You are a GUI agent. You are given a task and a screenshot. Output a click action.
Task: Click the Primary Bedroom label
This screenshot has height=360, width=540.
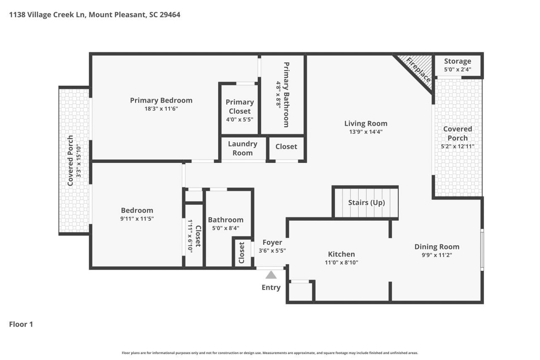[x=161, y=100]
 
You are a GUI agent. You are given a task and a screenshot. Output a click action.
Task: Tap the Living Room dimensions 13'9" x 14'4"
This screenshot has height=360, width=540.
[x=365, y=132]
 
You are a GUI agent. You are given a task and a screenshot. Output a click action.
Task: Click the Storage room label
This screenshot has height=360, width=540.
[x=457, y=62]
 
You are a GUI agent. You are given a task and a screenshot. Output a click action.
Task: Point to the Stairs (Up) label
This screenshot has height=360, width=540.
[x=366, y=203]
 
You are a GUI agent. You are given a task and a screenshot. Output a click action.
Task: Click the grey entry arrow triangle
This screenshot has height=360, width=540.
[x=271, y=275]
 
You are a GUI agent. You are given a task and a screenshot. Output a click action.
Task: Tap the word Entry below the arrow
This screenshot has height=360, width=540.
[x=271, y=287]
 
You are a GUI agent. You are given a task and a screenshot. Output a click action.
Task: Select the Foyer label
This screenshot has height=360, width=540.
[x=272, y=243]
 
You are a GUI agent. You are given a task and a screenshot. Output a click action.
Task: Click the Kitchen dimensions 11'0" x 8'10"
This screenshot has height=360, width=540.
[x=341, y=262]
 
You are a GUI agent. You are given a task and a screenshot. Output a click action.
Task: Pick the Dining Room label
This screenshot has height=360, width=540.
[x=437, y=247]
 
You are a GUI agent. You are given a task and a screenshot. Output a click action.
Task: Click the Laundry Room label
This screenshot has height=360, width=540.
[x=243, y=148]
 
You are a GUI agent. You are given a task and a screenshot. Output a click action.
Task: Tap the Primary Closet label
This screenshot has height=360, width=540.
[x=240, y=106]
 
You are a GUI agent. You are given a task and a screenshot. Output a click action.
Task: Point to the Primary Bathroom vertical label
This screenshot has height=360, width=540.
[x=286, y=95]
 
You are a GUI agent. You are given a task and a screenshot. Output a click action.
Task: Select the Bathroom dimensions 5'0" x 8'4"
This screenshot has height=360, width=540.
[x=226, y=228]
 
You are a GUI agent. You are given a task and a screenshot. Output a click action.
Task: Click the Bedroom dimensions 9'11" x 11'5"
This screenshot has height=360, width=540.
[x=137, y=219]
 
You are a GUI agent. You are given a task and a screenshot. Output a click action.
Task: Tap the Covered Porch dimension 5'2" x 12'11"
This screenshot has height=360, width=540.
[x=457, y=146]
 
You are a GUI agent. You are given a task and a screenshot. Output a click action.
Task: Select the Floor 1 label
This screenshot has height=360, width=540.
[x=21, y=324]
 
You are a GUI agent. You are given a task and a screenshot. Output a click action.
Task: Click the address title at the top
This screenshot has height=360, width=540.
[x=94, y=15]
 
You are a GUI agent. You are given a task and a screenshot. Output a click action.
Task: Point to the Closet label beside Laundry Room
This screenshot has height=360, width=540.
[x=286, y=146]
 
